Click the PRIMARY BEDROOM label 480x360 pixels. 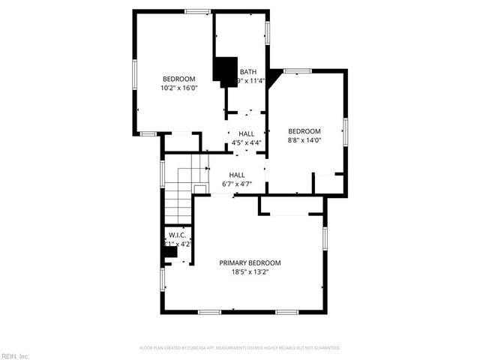coord(250,262)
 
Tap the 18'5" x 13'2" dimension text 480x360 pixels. coord(250,272)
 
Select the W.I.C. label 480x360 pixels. coord(177,235)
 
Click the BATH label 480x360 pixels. coord(247,72)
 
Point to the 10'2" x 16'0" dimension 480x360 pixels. coord(179,88)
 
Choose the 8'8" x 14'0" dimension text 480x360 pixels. coord(304,139)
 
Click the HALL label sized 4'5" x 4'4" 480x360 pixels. coord(246,133)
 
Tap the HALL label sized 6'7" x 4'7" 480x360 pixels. coord(237,175)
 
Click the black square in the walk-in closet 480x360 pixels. coord(171,253)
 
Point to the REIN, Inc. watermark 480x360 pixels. coord(15,355)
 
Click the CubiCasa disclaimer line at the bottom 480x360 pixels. coord(240,348)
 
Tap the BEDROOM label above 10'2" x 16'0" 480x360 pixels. coord(179,79)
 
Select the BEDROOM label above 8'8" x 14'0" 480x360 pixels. coord(304,130)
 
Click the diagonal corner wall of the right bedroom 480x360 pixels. coord(275,76)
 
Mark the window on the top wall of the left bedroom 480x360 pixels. coord(198,10)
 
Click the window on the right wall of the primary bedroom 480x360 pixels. coord(325,238)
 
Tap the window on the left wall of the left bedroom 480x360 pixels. coord(135,75)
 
